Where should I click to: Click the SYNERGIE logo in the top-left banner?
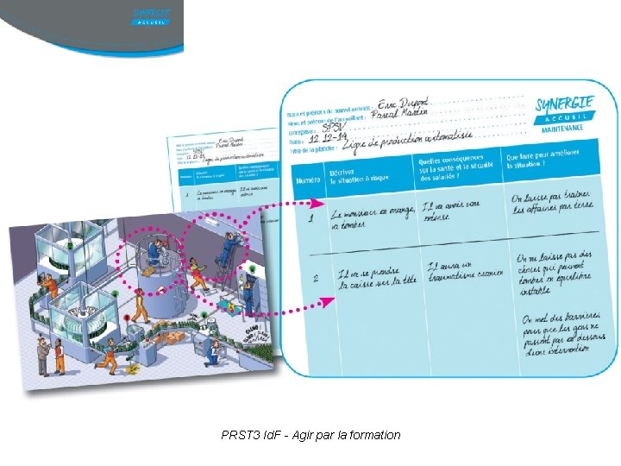tap(152, 15)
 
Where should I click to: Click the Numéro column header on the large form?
tap(308, 181)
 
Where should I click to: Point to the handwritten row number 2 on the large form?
tap(316, 278)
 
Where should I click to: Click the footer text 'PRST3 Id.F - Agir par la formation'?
tap(310, 435)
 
